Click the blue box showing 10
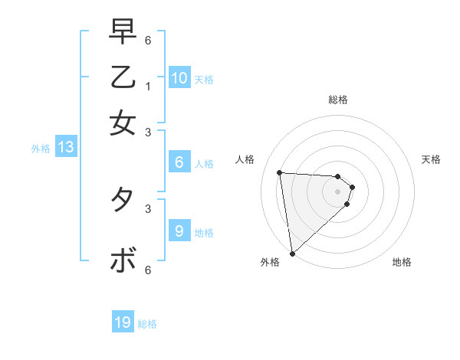(179, 78)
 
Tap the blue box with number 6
(179, 162)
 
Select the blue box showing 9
(179, 231)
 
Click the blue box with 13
(66, 148)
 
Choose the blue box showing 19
(123, 322)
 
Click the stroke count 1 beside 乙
(148, 87)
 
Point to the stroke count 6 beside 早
(148, 40)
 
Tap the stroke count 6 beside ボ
(148, 270)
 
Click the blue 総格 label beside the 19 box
(148, 324)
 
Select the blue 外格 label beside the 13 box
(41, 149)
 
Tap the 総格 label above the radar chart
(337, 100)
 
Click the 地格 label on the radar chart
(402, 262)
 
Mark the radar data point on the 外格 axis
(292, 254)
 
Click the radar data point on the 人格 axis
(280, 172)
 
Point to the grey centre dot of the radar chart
(337, 191)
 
